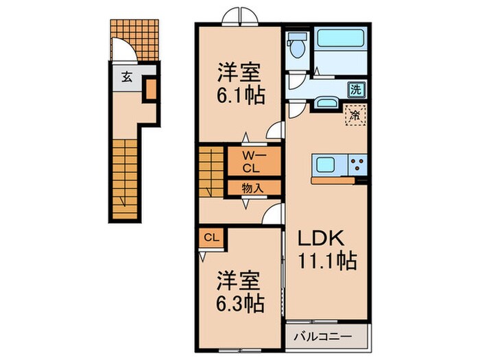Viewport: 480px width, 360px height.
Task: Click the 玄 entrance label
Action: (x=128, y=77)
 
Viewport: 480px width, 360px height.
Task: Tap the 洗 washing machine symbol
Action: (x=356, y=88)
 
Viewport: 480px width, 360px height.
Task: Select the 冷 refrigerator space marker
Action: (x=356, y=115)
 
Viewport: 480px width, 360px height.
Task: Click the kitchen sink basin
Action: (x=324, y=165)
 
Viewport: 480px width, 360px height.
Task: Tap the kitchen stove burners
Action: (x=358, y=165)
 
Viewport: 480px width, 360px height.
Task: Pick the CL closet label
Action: (x=213, y=238)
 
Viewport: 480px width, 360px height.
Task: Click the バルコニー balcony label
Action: (x=324, y=337)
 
